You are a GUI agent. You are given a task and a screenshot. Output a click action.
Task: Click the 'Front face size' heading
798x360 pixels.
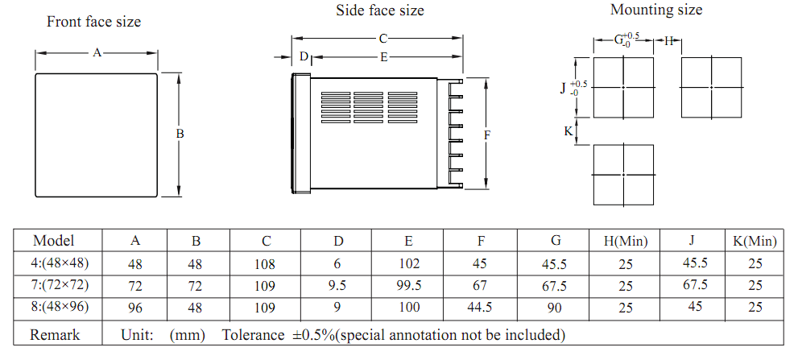pyautogui.click(x=93, y=22)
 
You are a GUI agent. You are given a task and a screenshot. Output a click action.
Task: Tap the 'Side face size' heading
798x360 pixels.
pyautogui.click(x=379, y=10)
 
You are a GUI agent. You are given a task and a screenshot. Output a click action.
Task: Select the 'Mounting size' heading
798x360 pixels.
pyautogui.click(x=656, y=10)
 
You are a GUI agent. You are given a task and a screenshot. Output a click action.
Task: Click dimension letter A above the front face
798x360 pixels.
pyautogui.click(x=97, y=52)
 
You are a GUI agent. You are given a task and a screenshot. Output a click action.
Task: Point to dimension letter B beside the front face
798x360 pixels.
pyautogui.click(x=180, y=134)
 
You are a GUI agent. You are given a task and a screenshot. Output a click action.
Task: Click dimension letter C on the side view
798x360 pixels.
pyautogui.click(x=383, y=38)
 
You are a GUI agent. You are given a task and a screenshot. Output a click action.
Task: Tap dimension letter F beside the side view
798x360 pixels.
pyautogui.click(x=487, y=135)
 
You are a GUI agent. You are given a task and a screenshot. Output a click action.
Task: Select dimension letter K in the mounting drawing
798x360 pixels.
pyautogui.click(x=569, y=131)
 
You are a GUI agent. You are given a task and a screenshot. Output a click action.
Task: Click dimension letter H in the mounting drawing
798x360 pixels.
pyautogui.click(x=668, y=41)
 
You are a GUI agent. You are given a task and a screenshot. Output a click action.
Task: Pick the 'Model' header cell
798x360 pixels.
pyautogui.click(x=53, y=240)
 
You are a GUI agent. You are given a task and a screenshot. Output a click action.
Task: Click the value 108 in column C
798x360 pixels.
pyautogui.click(x=265, y=264)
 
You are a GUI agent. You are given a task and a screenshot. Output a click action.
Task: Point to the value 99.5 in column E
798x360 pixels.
pyautogui.click(x=409, y=285)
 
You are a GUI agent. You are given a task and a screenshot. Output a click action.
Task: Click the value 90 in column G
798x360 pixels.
pyautogui.click(x=555, y=308)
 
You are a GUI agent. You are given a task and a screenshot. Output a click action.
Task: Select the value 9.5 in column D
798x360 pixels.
pyautogui.click(x=338, y=286)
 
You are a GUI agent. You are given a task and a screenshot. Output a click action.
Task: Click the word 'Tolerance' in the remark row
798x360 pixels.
pyautogui.click(x=253, y=335)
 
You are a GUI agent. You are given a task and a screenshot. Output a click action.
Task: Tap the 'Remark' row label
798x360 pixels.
pyautogui.click(x=55, y=335)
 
